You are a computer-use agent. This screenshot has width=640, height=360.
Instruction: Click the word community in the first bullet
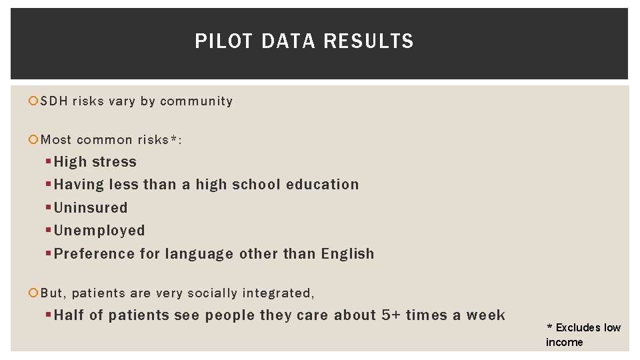click(196, 101)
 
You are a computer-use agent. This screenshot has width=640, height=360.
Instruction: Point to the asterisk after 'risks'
click(174, 138)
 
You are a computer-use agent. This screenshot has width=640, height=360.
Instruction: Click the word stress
click(115, 162)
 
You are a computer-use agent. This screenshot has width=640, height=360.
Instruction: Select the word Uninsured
click(91, 207)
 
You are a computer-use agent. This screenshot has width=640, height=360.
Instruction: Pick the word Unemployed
click(99, 231)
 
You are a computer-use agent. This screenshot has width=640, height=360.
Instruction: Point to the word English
click(347, 254)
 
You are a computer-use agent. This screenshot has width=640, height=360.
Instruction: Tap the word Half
click(69, 315)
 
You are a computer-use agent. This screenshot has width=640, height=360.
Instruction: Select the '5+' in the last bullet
click(390, 315)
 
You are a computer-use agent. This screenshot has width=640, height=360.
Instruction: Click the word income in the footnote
click(564, 342)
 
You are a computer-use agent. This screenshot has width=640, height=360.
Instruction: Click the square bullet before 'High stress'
click(49, 162)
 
